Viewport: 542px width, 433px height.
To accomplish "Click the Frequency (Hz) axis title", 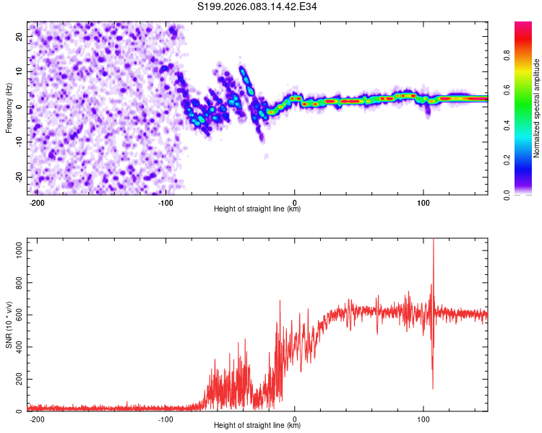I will click(x=9, y=107).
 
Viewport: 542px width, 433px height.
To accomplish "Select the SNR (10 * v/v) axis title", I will click(x=9, y=325).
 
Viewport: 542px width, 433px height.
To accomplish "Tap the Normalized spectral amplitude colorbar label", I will click(x=536, y=108).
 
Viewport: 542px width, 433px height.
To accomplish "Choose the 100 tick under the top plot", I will click(x=423, y=201).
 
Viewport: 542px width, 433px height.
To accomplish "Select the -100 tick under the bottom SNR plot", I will click(x=165, y=419).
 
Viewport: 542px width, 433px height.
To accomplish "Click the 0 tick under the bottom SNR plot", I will click(x=294, y=419).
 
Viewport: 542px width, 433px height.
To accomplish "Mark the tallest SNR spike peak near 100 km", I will click(x=434, y=240).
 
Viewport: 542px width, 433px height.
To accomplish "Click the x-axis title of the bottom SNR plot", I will click(x=257, y=426).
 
